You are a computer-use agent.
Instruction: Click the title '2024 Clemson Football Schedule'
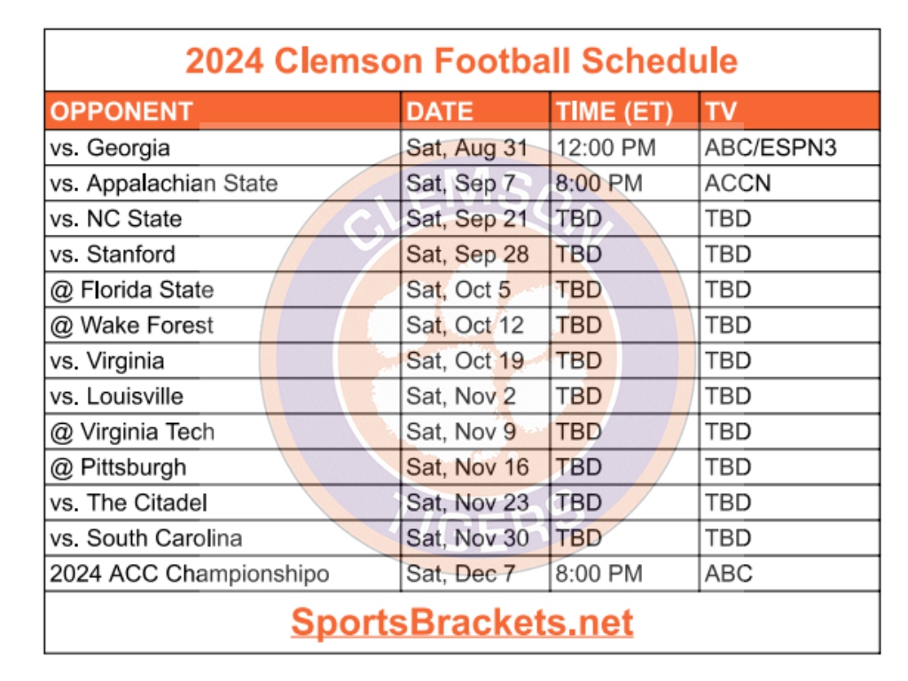coord(461,61)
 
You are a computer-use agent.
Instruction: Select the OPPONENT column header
coord(121,112)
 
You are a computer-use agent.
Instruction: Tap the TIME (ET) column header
coord(614,112)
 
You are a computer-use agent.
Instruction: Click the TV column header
coord(721,112)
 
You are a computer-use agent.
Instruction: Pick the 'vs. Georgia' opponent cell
coord(110,147)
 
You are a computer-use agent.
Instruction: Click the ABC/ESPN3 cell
coord(770,147)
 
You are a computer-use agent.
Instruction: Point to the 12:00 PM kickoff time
coord(606,147)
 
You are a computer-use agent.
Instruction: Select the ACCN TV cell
coord(737,183)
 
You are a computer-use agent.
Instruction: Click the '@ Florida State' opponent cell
coord(132,290)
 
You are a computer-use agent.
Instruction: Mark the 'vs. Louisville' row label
coord(117,396)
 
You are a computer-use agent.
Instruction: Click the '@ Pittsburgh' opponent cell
coord(118,467)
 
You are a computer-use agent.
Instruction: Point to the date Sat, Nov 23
coord(467,503)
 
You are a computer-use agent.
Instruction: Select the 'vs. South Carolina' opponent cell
coord(146,538)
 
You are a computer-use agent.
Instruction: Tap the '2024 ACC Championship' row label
coord(189,574)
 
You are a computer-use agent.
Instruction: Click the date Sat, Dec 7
coord(460,574)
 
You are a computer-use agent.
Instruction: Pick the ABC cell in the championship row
coord(728,574)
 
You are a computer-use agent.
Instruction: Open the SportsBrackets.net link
coord(461,622)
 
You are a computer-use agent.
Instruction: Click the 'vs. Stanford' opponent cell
coord(113,254)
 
